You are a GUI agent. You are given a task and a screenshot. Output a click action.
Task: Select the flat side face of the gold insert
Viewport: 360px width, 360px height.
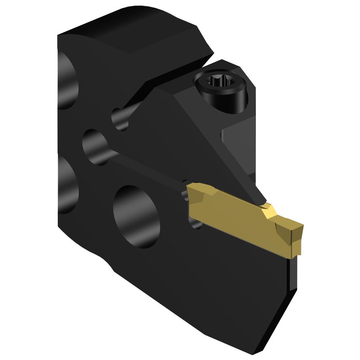point(236,223)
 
